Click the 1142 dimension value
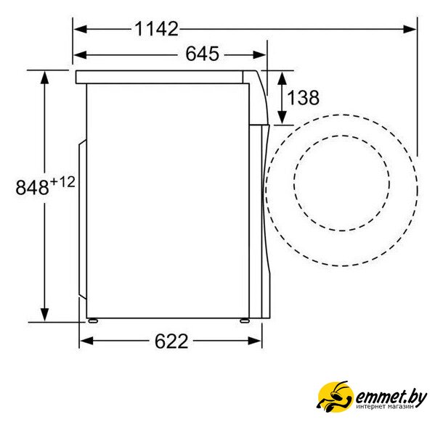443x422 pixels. (157, 29)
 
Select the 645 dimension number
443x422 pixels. (203, 54)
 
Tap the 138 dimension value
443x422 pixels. (303, 98)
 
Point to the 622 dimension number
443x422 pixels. (171, 341)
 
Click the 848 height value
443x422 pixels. (32, 187)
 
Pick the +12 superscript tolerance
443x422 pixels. (62, 182)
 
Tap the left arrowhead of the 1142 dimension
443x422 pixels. (81, 29)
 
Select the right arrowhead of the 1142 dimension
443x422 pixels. (410, 29)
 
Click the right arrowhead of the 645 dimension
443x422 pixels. (259, 54)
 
